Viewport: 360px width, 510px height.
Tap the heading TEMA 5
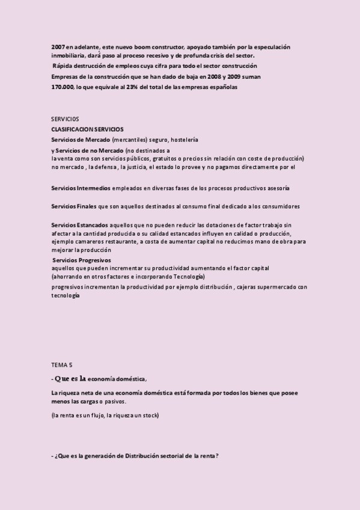(x=61, y=364)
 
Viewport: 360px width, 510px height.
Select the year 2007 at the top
(x=58, y=46)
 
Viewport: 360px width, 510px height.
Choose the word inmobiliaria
(x=70, y=56)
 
